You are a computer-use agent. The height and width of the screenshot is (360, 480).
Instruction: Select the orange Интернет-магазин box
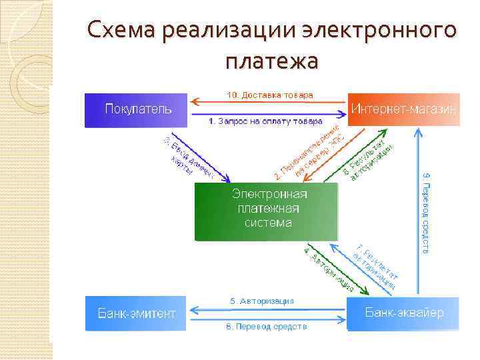tap(404, 109)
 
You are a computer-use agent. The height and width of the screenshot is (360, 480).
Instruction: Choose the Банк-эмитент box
tap(137, 313)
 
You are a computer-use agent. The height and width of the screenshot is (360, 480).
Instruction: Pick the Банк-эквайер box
tap(403, 312)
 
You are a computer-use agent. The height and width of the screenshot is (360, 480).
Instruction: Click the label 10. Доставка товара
tap(269, 95)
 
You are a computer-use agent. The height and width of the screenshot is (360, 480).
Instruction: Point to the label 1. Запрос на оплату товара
tap(265, 121)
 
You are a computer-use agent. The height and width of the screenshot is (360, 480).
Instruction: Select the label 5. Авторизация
tap(262, 301)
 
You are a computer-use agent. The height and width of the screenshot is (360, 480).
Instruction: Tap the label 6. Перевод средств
tap(265, 327)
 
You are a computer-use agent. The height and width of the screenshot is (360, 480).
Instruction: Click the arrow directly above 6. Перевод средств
tap(267, 319)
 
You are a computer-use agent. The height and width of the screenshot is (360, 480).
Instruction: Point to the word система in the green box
tap(268, 223)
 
